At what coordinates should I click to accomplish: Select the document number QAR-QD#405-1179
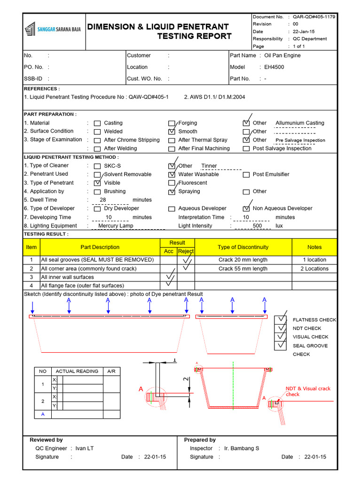(x=314, y=16)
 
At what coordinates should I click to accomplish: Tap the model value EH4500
(x=274, y=67)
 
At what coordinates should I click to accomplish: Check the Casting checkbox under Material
(x=97, y=124)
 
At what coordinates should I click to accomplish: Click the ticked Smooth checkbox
(x=172, y=132)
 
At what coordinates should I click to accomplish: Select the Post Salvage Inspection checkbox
(x=246, y=149)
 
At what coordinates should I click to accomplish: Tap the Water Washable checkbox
(x=172, y=175)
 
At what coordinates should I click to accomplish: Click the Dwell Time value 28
(x=103, y=200)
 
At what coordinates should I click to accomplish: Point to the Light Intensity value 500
(x=257, y=225)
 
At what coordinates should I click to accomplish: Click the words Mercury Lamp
(x=116, y=225)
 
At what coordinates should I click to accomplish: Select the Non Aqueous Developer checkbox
(x=246, y=209)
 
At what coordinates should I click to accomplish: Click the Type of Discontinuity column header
(x=243, y=247)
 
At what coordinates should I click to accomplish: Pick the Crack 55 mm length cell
(x=243, y=269)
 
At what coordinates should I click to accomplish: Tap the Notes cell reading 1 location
(x=314, y=260)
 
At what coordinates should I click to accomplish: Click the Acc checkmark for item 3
(x=168, y=277)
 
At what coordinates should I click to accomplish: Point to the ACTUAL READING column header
(x=77, y=371)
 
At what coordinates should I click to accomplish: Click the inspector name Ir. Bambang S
(x=242, y=448)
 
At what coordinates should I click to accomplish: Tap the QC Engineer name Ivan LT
(x=85, y=448)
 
